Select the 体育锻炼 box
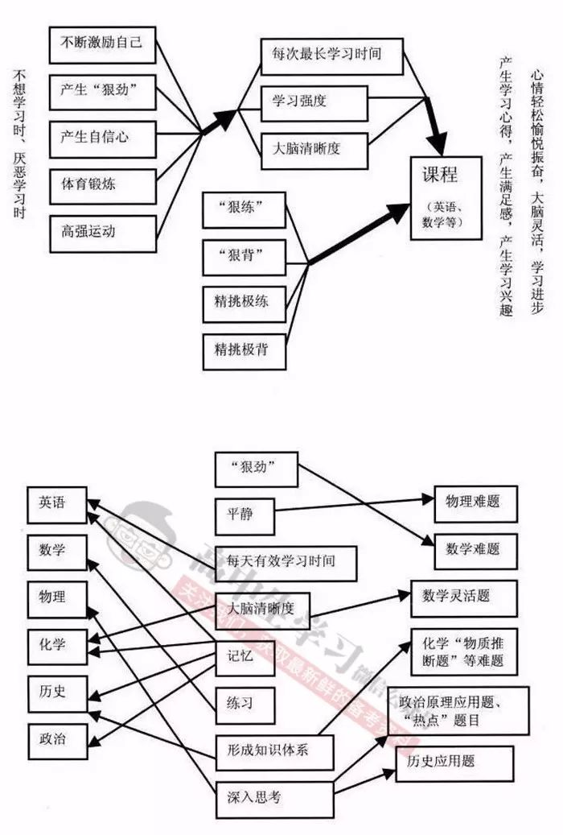pos(101,184)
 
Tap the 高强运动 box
pos(101,231)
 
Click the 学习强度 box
pos(314,102)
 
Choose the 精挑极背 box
pos(244,351)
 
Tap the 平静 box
pos(245,514)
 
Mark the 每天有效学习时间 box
pos(286,560)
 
